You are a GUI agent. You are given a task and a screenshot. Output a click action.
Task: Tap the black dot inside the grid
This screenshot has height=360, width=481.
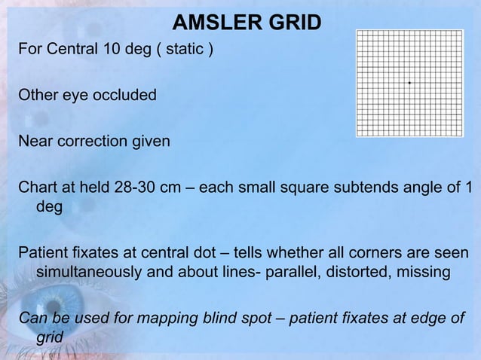tap(409, 82)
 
